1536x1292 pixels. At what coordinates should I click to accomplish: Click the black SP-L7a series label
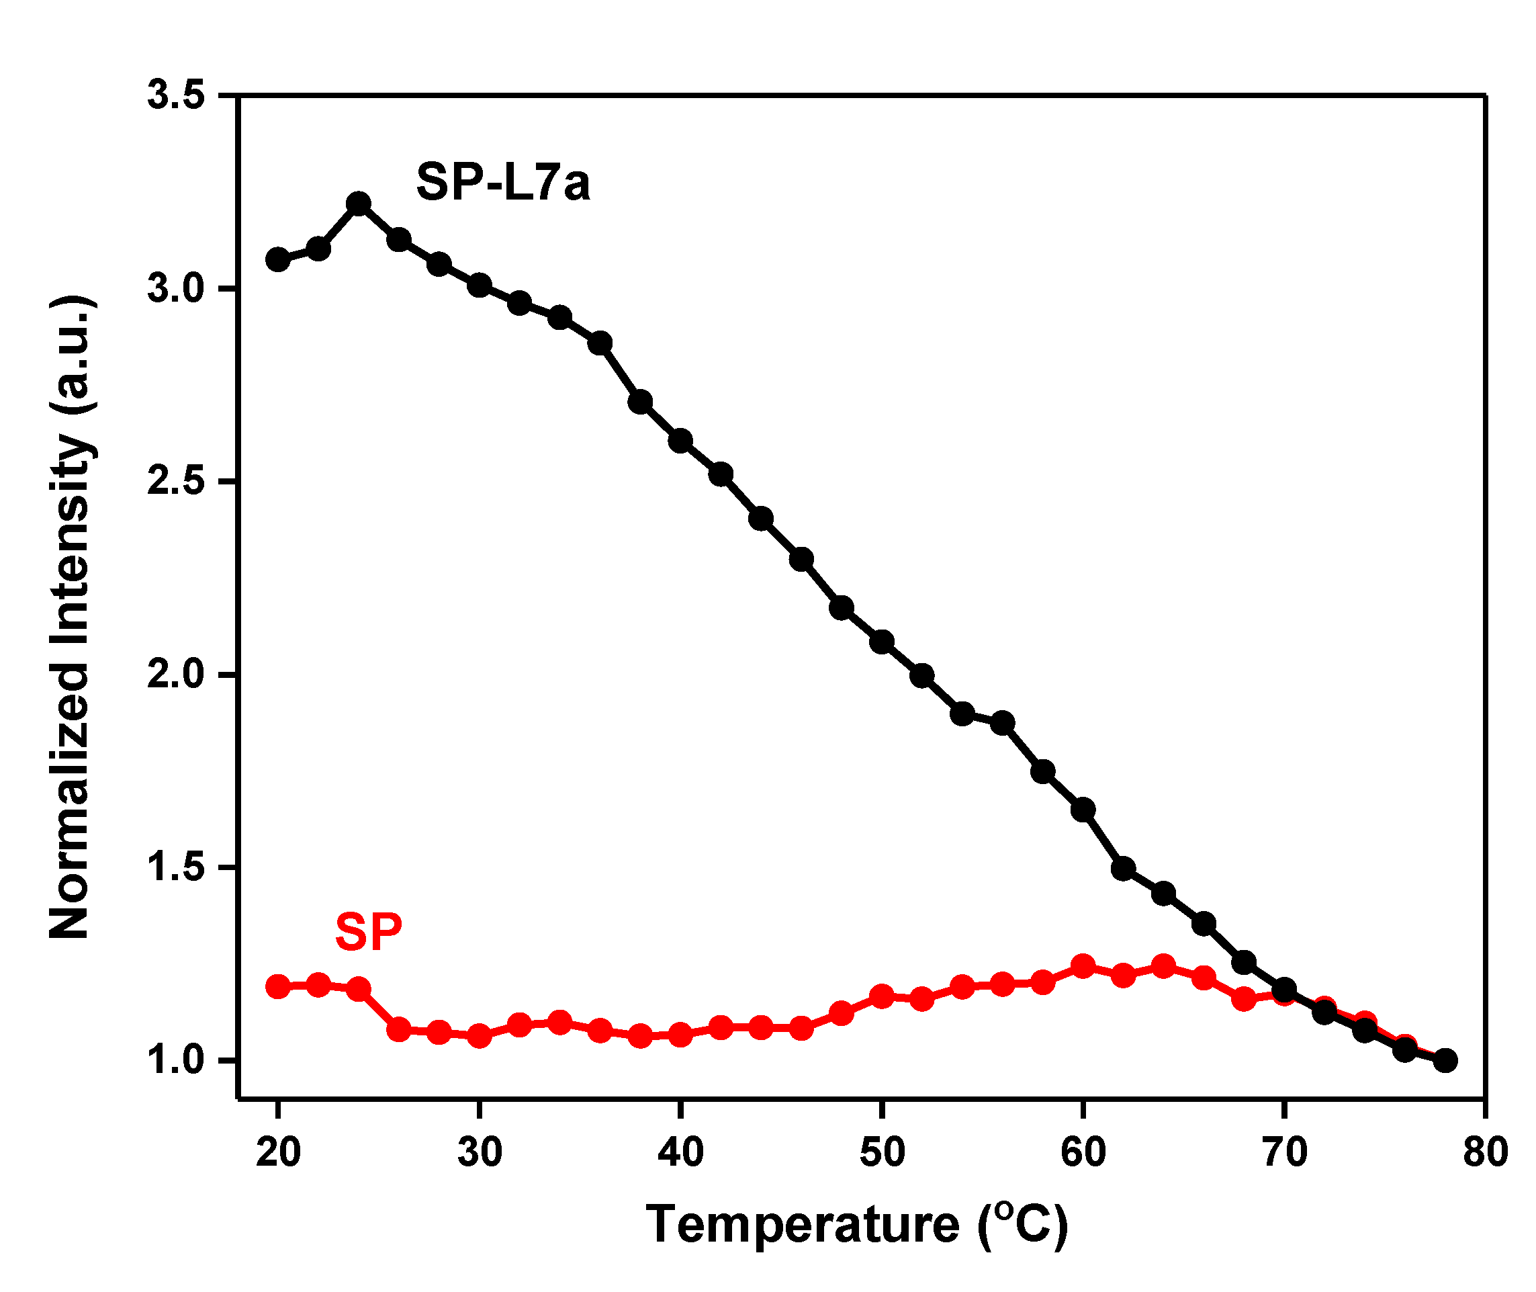(x=503, y=182)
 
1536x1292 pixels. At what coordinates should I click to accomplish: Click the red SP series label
(x=368, y=933)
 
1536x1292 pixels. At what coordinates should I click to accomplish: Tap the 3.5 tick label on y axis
(x=177, y=96)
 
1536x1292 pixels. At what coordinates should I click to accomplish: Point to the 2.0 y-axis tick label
(x=177, y=675)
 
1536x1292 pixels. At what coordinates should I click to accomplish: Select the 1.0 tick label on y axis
(x=177, y=1060)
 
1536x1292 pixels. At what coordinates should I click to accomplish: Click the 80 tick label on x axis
(x=1486, y=1152)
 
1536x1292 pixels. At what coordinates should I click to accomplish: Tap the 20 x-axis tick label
(x=278, y=1152)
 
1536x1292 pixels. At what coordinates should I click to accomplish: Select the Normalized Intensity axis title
(x=71, y=617)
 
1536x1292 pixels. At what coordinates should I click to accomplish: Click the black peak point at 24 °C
(x=359, y=204)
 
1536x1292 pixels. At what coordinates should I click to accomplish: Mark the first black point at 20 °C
(x=277, y=259)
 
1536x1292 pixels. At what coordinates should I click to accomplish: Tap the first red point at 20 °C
(x=277, y=986)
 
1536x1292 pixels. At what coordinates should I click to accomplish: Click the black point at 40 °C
(x=681, y=441)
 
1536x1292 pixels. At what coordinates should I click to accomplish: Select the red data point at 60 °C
(x=1083, y=967)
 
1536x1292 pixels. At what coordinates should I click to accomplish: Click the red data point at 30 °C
(x=480, y=1035)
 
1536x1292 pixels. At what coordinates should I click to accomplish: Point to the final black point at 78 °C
(x=1445, y=1060)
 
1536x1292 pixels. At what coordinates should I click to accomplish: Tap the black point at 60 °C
(x=1083, y=810)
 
